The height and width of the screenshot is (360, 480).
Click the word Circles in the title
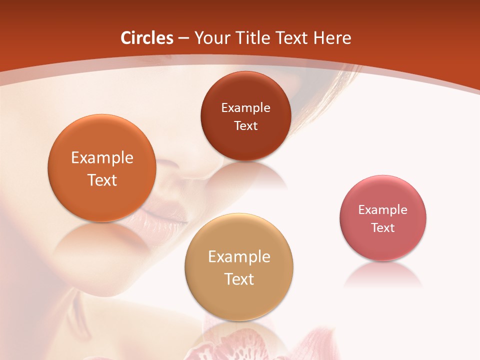[146, 38]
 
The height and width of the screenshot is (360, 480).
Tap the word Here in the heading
[332, 38]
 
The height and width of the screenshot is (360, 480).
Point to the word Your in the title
[212, 38]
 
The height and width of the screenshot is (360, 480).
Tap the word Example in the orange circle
[102, 158]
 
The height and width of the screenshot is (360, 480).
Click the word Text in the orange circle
[102, 180]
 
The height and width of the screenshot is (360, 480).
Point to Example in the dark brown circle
[245, 108]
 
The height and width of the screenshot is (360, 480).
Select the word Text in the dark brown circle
[245, 126]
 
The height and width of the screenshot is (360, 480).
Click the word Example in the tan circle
[239, 257]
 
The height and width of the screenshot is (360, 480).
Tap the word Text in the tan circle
[239, 279]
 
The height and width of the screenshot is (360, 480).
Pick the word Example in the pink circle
[383, 210]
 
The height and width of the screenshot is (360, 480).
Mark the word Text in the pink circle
[383, 228]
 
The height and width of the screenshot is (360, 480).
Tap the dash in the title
[183, 38]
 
